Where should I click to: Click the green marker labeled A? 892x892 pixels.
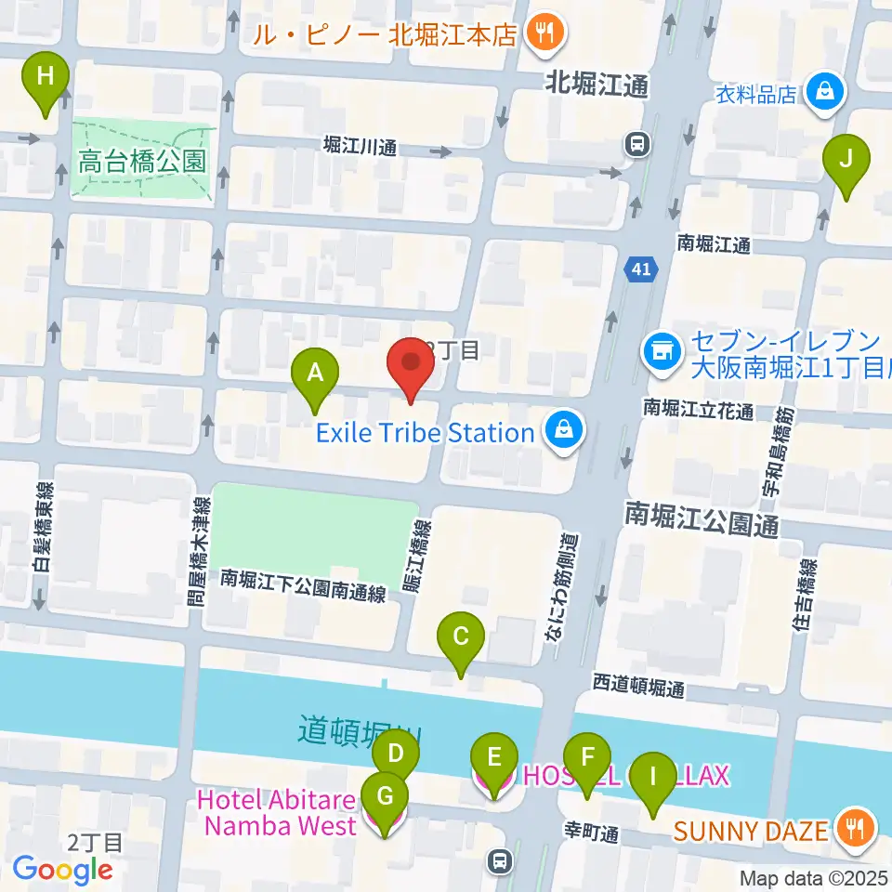tap(315, 374)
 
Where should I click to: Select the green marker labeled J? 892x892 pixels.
tap(846, 159)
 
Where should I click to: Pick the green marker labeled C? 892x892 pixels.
tap(461, 637)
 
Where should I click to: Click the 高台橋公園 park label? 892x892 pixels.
tap(140, 162)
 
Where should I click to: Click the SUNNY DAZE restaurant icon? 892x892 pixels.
tap(851, 826)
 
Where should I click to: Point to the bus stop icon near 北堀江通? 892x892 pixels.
tap(637, 144)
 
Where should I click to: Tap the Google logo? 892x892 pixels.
tap(62, 870)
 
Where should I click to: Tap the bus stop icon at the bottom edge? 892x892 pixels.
tap(501, 861)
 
